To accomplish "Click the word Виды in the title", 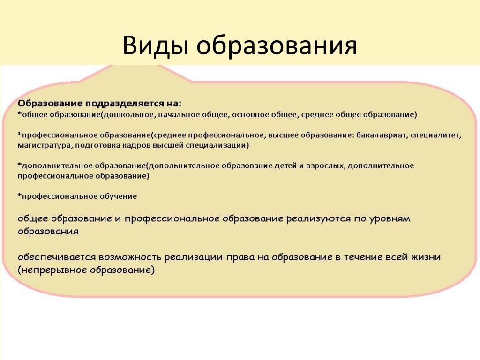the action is [155, 46].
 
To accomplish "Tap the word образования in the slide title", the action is [277, 46].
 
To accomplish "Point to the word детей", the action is [285, 166].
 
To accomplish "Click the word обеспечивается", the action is [57, 257].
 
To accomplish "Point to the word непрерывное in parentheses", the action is [53, 270].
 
